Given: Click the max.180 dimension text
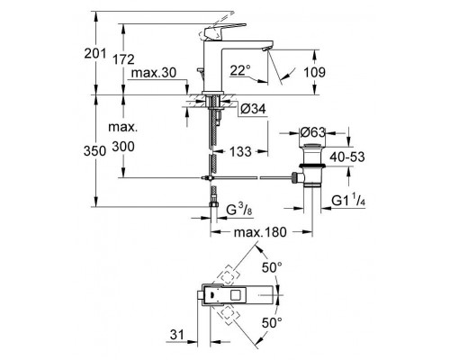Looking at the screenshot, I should [x=261, y=234].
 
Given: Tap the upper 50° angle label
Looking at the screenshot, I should [x=270, y=266].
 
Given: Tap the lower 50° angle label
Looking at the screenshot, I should [x=270, y=321].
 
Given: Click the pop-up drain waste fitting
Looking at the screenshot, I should [x=310, y=162].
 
